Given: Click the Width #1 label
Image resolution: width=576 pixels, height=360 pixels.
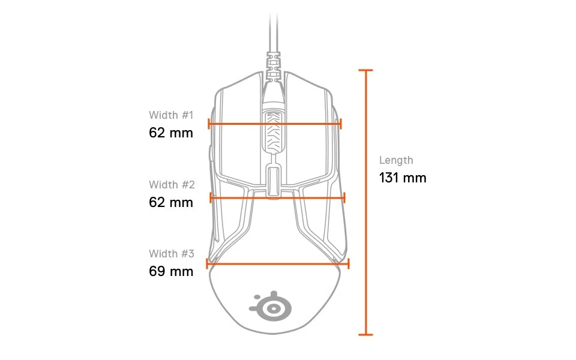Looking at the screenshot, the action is coord(171,115).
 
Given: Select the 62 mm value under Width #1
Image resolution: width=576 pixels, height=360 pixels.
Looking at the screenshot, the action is coord(171,133).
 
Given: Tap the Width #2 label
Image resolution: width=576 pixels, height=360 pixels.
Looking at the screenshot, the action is coord(172,184).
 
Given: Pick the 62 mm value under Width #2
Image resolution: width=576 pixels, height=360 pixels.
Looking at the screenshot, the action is coord(171,202).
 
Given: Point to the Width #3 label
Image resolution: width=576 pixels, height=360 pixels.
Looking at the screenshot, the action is coord(172,253).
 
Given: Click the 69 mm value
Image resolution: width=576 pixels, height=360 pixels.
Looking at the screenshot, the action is coord(171,271).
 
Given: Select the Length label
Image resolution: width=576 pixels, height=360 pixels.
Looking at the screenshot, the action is coord(396,160).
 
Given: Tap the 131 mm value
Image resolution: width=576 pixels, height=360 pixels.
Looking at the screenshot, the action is coord(403,178).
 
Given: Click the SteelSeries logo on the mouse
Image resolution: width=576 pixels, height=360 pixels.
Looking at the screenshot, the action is coord(271,307).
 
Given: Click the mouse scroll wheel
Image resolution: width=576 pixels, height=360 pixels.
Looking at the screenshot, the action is coord(272,131).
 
